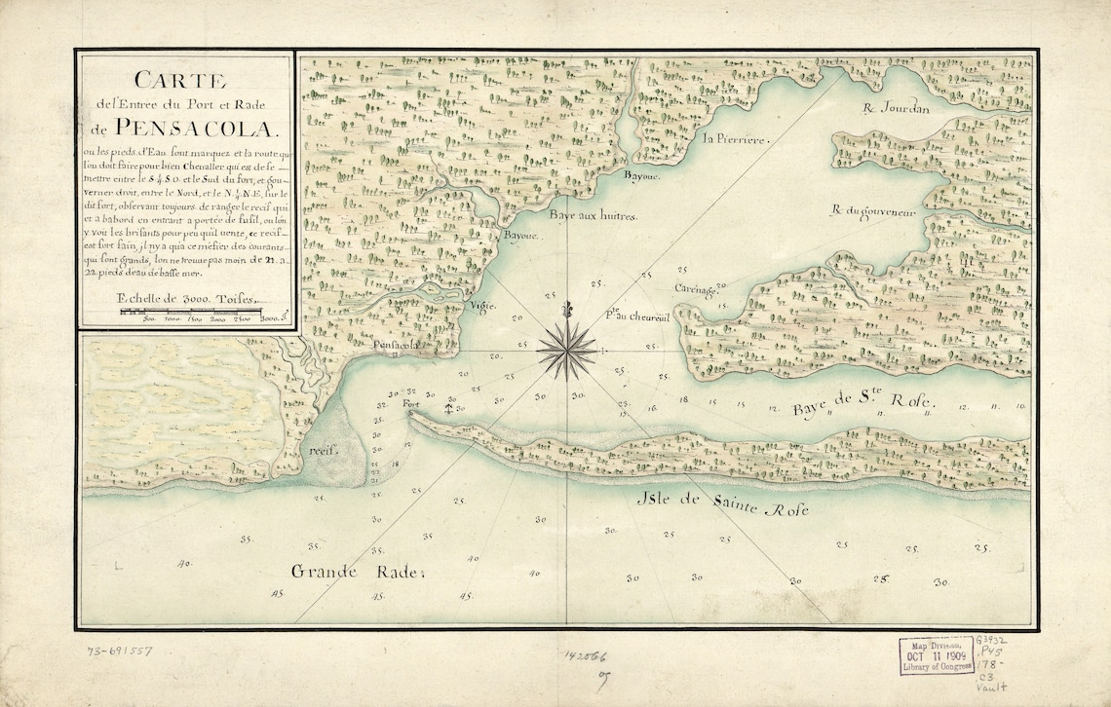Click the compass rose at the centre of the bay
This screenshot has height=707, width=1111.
pos(567,349)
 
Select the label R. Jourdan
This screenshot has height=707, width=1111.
pos(897,108)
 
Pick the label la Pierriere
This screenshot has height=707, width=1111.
pos(736,139)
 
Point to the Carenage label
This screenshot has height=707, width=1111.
pos(696,289)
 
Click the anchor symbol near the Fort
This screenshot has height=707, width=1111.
pos(449,407)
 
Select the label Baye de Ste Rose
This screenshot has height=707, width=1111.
pos(862,404)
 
